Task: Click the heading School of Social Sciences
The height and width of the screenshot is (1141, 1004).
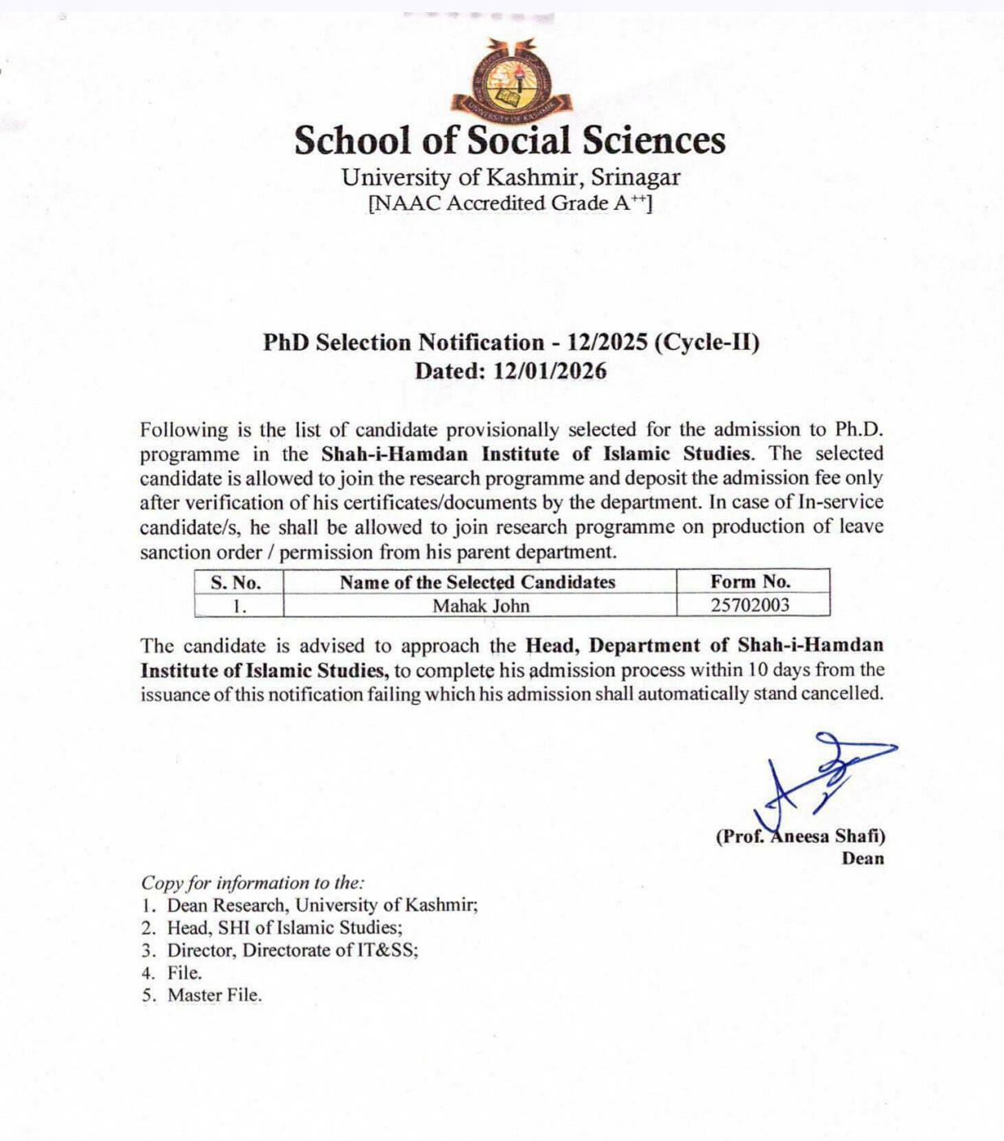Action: pos(509,140)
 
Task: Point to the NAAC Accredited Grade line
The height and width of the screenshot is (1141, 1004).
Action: pos(509,202)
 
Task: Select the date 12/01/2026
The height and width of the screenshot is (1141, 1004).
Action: pos(550,371)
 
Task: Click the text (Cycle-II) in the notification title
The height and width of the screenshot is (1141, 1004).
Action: pos(707,343)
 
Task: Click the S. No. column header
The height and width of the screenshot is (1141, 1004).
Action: pos(236,582)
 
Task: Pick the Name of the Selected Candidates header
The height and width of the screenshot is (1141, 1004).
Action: pos(478,582)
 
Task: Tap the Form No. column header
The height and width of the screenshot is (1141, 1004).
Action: pos(751,581)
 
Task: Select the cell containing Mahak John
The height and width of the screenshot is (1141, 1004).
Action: pos(480,606)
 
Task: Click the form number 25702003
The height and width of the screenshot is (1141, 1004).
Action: pos(750,605)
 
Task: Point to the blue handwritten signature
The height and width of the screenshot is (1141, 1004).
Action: pos(818,777)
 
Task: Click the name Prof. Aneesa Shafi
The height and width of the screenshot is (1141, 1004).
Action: pos(800,837)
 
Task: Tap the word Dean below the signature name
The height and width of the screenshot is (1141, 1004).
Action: pos(862,858)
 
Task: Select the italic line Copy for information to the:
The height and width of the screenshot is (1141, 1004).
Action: pos(253,883)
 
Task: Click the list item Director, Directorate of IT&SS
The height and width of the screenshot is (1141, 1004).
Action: pos(292,950)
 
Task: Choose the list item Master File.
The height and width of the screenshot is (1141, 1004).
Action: pos(215,995)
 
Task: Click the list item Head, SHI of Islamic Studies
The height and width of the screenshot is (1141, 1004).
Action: pos(284,927)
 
